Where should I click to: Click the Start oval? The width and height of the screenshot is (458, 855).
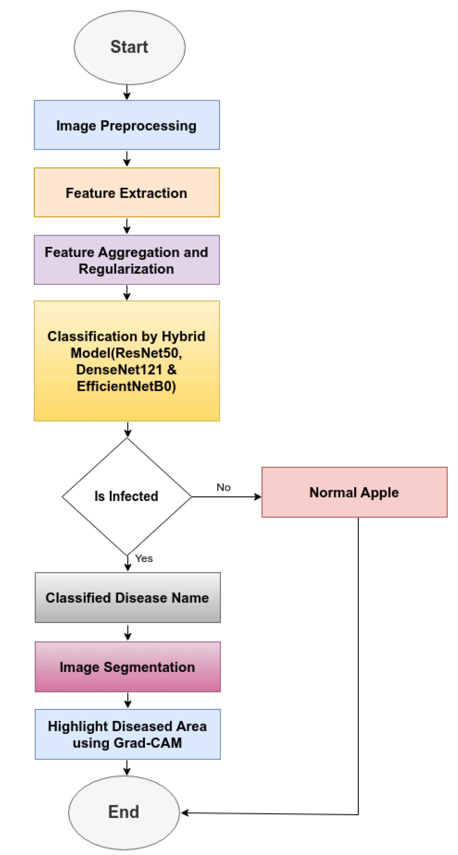(129, 47)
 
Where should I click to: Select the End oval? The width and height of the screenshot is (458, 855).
(124, 812)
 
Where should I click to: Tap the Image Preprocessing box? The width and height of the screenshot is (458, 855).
(127, 125)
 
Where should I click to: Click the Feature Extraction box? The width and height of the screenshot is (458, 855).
(127, 192)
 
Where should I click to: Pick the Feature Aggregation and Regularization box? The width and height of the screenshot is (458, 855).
(127, 260)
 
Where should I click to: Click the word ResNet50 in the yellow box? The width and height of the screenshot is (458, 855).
(147, 353)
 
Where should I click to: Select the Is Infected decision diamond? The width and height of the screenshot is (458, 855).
(127, 496)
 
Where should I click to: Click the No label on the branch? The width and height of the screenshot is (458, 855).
(223, 487)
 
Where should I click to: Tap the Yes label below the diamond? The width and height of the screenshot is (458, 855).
(144, 559)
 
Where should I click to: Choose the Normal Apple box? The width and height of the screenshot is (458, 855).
(354, 492)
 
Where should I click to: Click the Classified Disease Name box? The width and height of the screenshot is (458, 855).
(128, 597)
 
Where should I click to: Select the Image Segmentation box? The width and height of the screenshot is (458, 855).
(128, 667)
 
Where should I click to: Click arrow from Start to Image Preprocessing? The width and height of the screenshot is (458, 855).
(127, 92)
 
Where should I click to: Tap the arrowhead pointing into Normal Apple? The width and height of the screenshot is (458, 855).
(258, 497)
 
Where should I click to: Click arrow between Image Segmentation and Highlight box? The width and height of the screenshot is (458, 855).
(128, 700)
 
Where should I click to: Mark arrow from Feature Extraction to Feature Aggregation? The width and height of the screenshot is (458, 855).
(127, 226)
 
